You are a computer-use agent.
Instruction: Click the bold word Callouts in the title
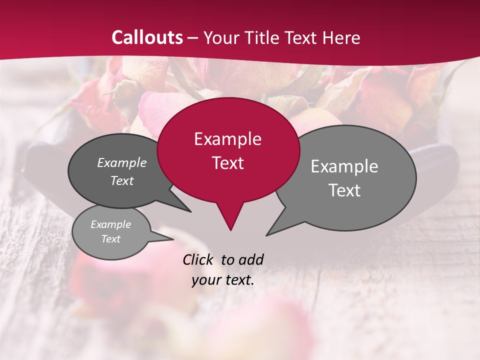click(147, 37)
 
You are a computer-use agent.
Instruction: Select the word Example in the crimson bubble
click(227, 139)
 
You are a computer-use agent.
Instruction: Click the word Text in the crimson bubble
click(227, 163)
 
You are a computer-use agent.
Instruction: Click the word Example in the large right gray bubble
click(344, 166)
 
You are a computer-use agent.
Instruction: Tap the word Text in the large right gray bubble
click(344, 190)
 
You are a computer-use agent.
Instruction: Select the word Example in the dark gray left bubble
click(121, 162)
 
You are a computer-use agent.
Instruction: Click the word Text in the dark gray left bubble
click(121, 180)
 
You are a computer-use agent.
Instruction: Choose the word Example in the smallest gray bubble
click(110, 224)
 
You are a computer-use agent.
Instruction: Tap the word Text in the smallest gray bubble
click(110, 239)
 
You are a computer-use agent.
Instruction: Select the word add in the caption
click(250, 259)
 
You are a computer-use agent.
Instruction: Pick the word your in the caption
click(205, 280)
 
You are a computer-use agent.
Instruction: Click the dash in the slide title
click(193, 38)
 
